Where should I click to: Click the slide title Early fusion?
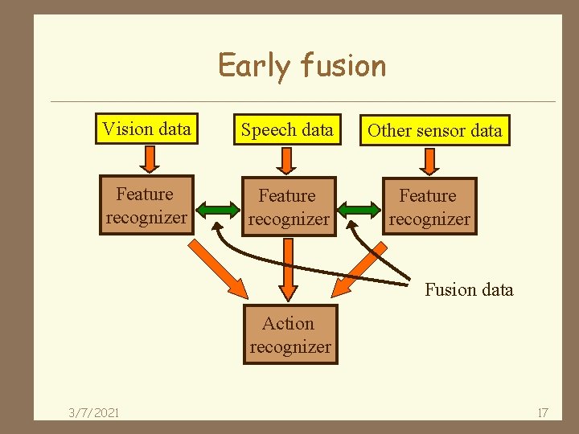[x=302, y=65]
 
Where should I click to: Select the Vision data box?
[x=146, y=129]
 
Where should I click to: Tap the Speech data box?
[x=287, y=130]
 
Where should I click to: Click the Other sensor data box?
[x=434, y=131]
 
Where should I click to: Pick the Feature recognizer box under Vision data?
[x=146, y=206]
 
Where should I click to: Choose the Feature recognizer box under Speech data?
[x=288, y=207]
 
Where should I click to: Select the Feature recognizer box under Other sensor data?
[x=429, y=207]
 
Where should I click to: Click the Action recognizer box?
[x=289, y=335]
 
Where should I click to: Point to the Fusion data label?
[x=469, y=289]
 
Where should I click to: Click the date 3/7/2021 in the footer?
[x=93, y=412]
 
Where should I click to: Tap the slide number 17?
[x=542, y=412]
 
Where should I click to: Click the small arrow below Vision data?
[x=148, y=159]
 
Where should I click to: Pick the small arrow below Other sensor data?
[x=429, y=161]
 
